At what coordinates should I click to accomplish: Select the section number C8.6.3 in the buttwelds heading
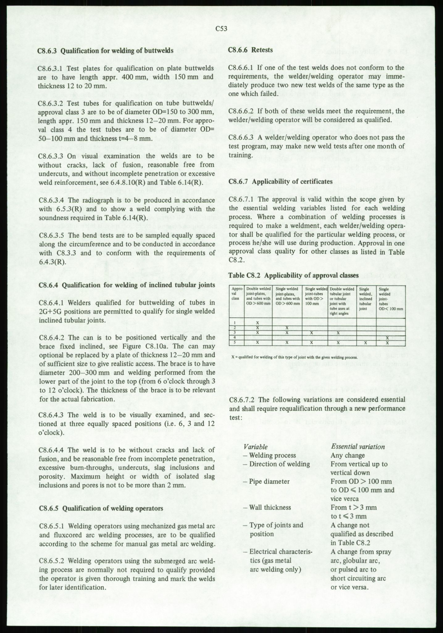(48, 50)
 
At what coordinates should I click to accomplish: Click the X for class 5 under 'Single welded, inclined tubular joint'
(365, 342)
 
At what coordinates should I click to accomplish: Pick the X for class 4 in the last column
(387, 338)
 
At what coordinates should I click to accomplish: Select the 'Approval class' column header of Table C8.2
(236, 294)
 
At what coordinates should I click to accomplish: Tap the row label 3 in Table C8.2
(235, 333)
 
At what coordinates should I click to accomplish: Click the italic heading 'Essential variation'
(357, 447)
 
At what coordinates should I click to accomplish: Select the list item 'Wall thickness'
(270, 507)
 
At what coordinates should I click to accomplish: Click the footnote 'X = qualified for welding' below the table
(295, 357)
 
